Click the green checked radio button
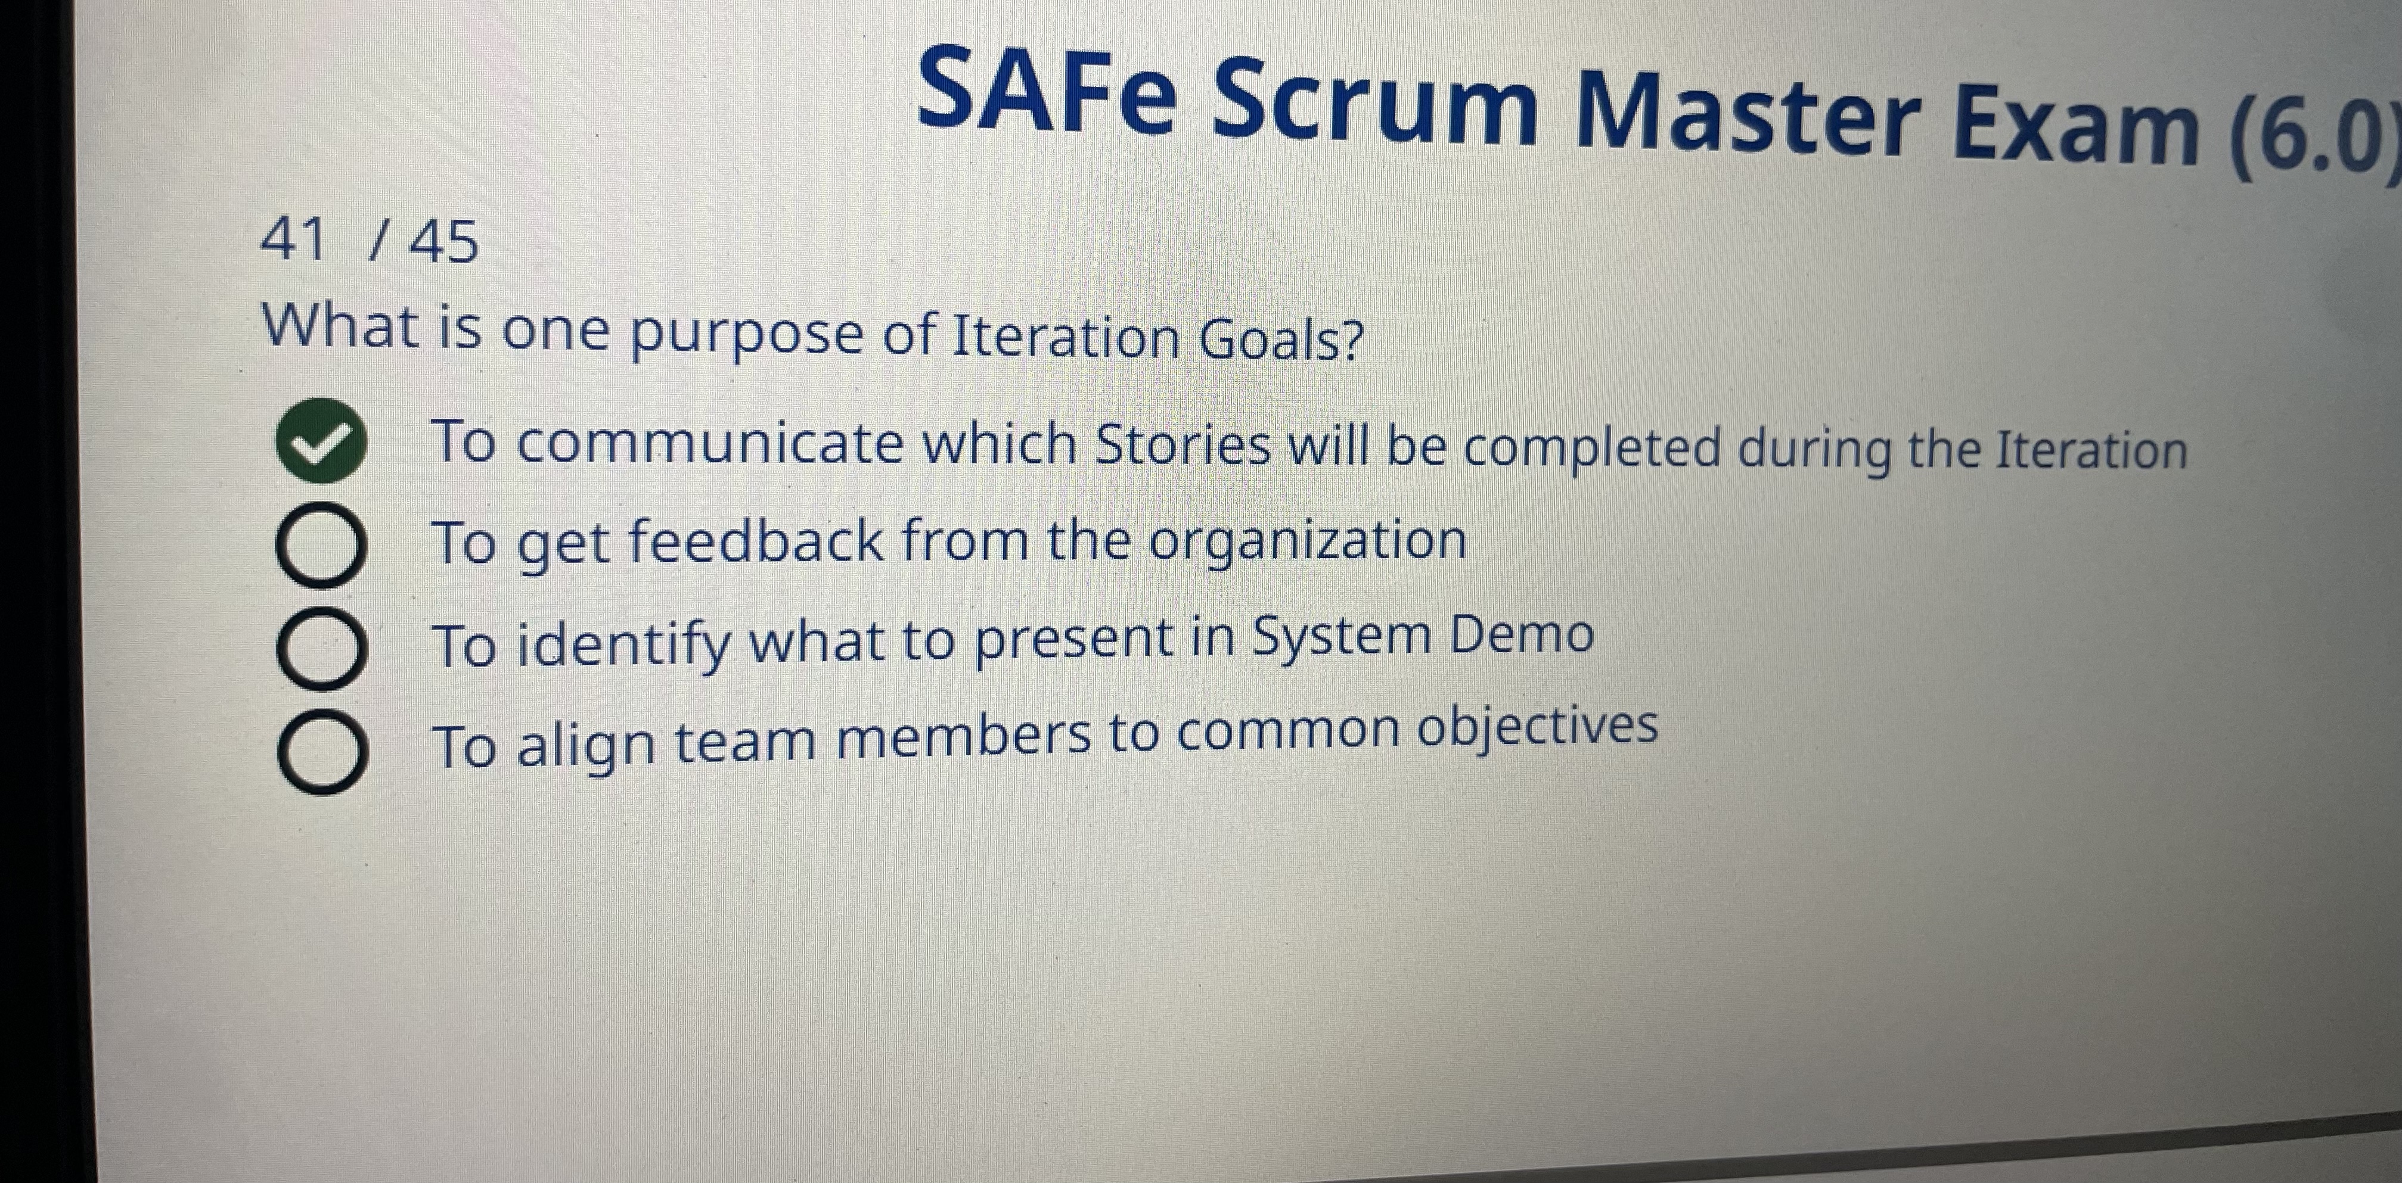320,440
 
